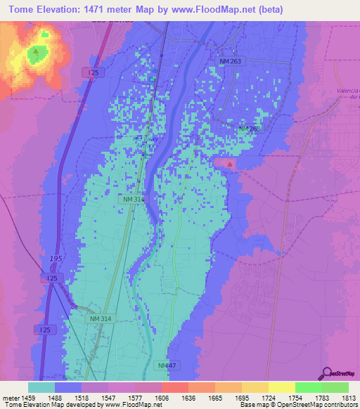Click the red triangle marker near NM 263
pyautogui.click(x=230, y=164)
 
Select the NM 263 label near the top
pyautogui.click(x=229, y=62)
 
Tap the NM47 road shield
pyautogui.click(x=167, y=366)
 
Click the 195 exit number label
pyautogui.click(x=56, y=259)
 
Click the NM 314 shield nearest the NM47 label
pyautogui.click(x=100, y=318)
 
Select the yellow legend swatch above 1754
pyautogui.click(x=281, y=387)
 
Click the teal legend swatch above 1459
pyautogui.click(x=41, y=387)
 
